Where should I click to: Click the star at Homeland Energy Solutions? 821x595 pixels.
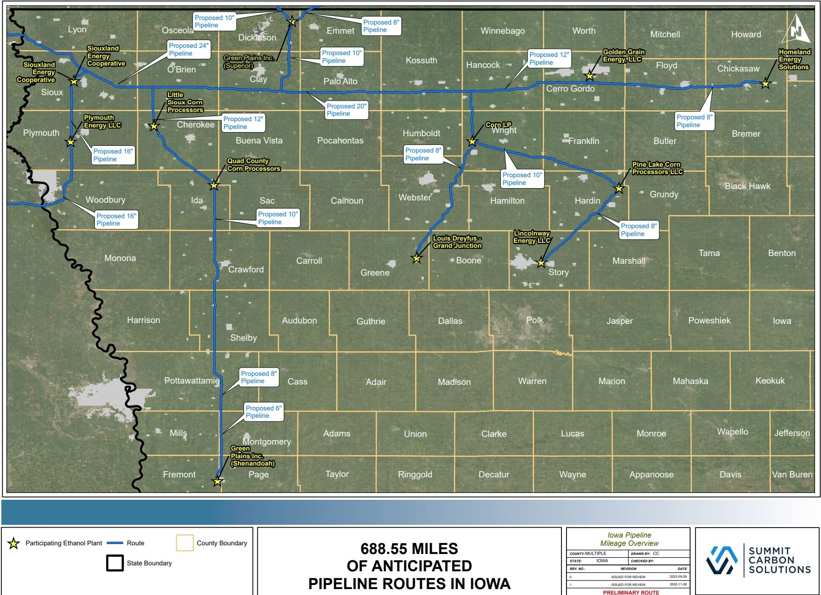[765, 84]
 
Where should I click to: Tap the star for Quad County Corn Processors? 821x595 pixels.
[214, 185]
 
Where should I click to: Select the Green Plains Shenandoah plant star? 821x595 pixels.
[218, 482]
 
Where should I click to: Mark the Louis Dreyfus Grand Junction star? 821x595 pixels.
[416, 259]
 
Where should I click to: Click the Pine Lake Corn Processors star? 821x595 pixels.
[619, 188]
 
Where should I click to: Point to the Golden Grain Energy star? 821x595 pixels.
[590, 76]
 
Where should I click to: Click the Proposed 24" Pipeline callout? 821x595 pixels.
[188, 50]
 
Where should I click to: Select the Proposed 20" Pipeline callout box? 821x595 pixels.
[346, 110]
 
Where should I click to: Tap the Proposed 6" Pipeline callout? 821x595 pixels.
[264, 412]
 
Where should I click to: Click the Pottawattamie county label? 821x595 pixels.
[192, 380]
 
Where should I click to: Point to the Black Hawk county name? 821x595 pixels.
[747, 186]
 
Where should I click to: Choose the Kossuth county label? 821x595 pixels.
[421, 60]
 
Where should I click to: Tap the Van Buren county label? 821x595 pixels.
[792, 474]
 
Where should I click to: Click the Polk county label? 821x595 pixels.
[535, 320]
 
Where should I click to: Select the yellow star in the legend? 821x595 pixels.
[14, 543]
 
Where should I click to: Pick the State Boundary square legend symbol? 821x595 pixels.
[114, 563]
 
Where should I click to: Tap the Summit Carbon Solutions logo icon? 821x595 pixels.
[722, 560]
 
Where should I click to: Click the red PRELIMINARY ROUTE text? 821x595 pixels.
[631, 592]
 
